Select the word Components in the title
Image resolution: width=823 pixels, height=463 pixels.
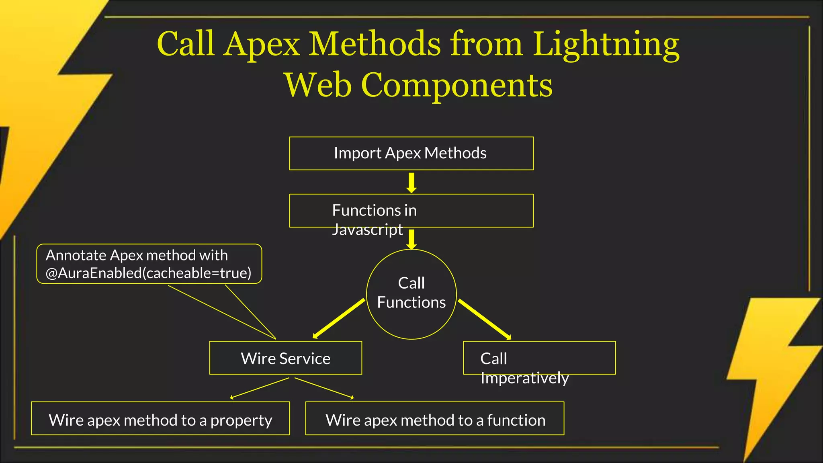click(457, 85)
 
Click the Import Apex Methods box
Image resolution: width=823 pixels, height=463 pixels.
click(411, 154)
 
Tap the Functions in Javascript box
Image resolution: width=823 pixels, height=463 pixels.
click(411, 211)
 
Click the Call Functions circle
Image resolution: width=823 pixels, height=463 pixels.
click(411, 294)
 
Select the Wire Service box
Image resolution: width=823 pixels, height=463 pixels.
click(285, 358)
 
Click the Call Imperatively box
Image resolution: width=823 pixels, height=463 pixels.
click(539, 358)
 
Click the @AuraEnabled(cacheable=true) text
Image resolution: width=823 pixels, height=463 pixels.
click(148, 273)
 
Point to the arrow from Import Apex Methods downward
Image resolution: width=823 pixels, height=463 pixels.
click(411, 183)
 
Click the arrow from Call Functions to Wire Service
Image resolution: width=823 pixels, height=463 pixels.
click(339, 318)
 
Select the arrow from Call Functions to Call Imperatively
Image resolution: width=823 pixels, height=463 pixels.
click(485, 320)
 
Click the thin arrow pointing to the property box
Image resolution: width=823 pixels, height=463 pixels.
click(259, 388)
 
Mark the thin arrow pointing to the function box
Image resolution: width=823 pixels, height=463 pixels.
click(324, 388)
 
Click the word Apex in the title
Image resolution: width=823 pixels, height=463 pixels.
click(262, 44)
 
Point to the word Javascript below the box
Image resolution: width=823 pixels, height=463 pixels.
click(367, 230)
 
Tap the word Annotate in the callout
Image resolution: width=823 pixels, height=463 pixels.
click(76, 255)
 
